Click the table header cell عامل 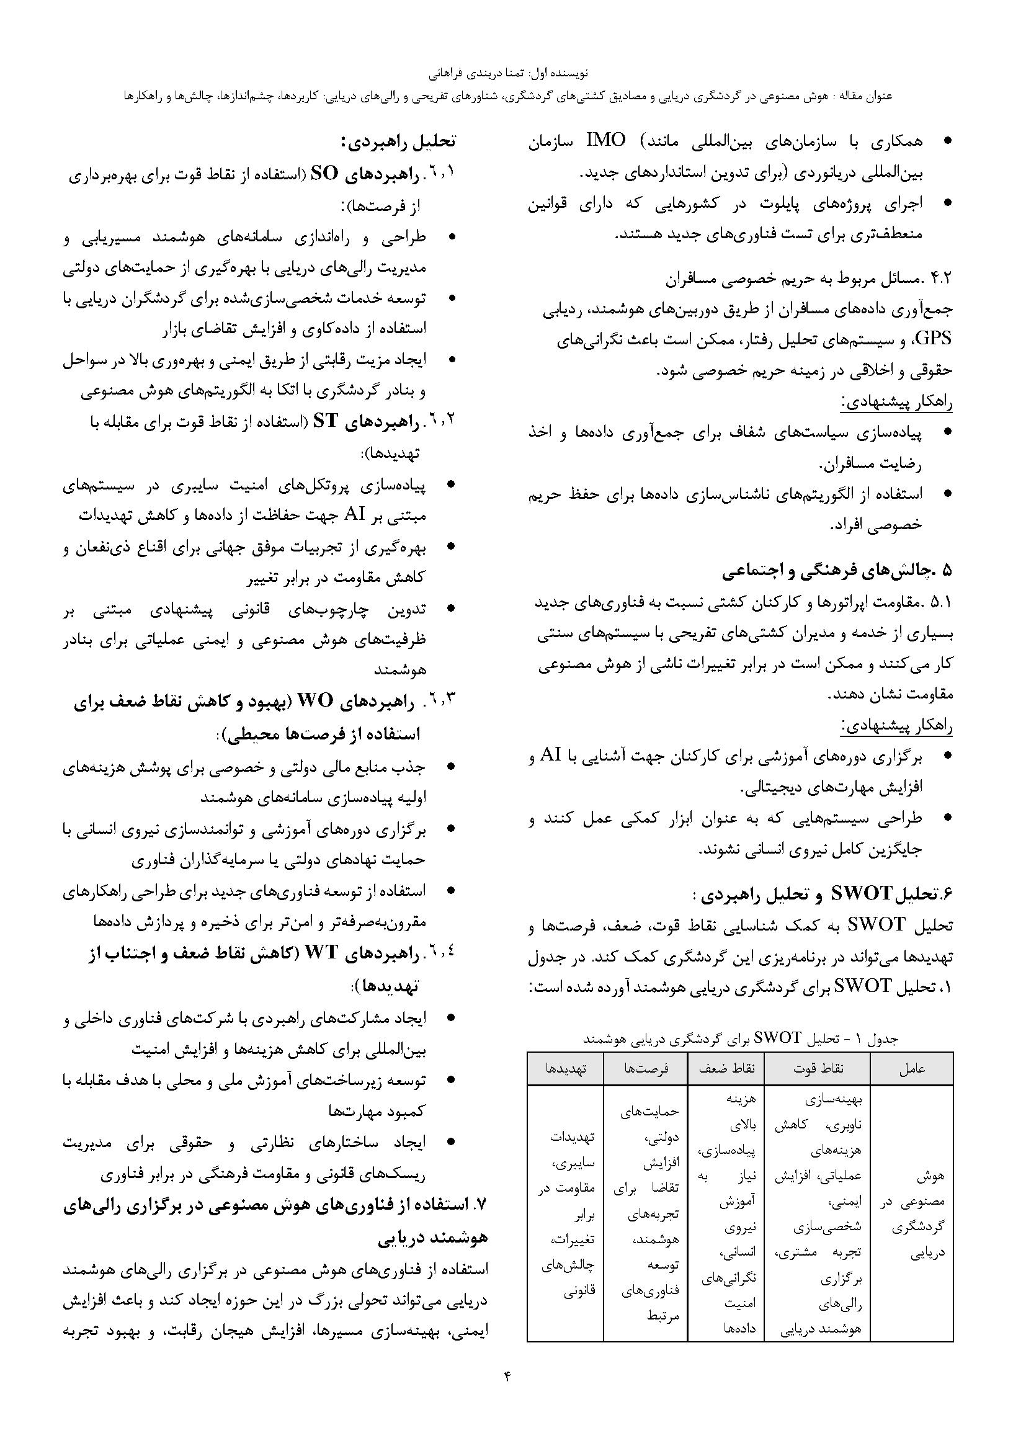click(x=912, y=1068)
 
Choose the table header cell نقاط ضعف click(x=726, y=1068)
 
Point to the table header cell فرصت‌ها click(x=646, y=1068)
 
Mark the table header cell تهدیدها click(x=566, y=1068)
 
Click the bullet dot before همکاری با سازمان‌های click(x=947, y=141)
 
